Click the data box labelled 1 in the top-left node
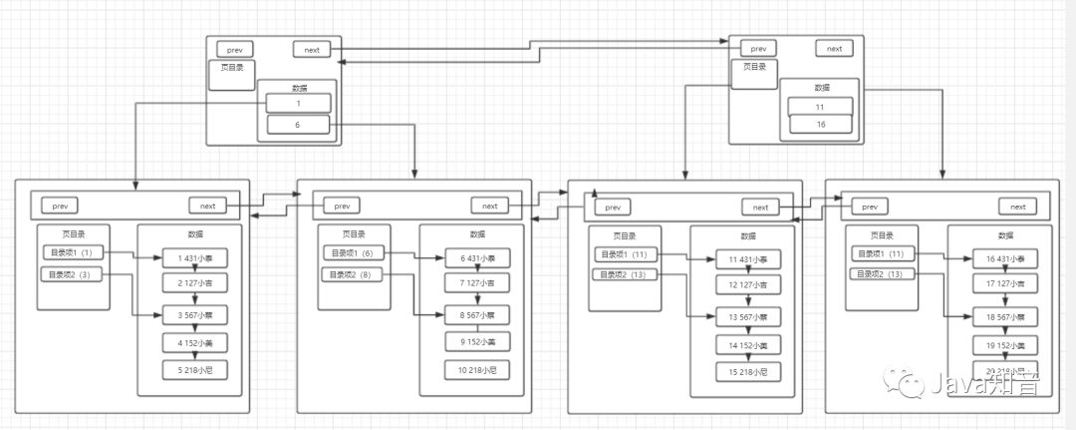298,104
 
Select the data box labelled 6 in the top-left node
298,126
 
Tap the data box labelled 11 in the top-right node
819,107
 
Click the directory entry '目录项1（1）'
71,252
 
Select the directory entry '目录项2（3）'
71,273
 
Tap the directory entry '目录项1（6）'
352,253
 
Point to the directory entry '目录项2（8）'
352,274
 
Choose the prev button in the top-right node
759,48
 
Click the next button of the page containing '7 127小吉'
489,206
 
